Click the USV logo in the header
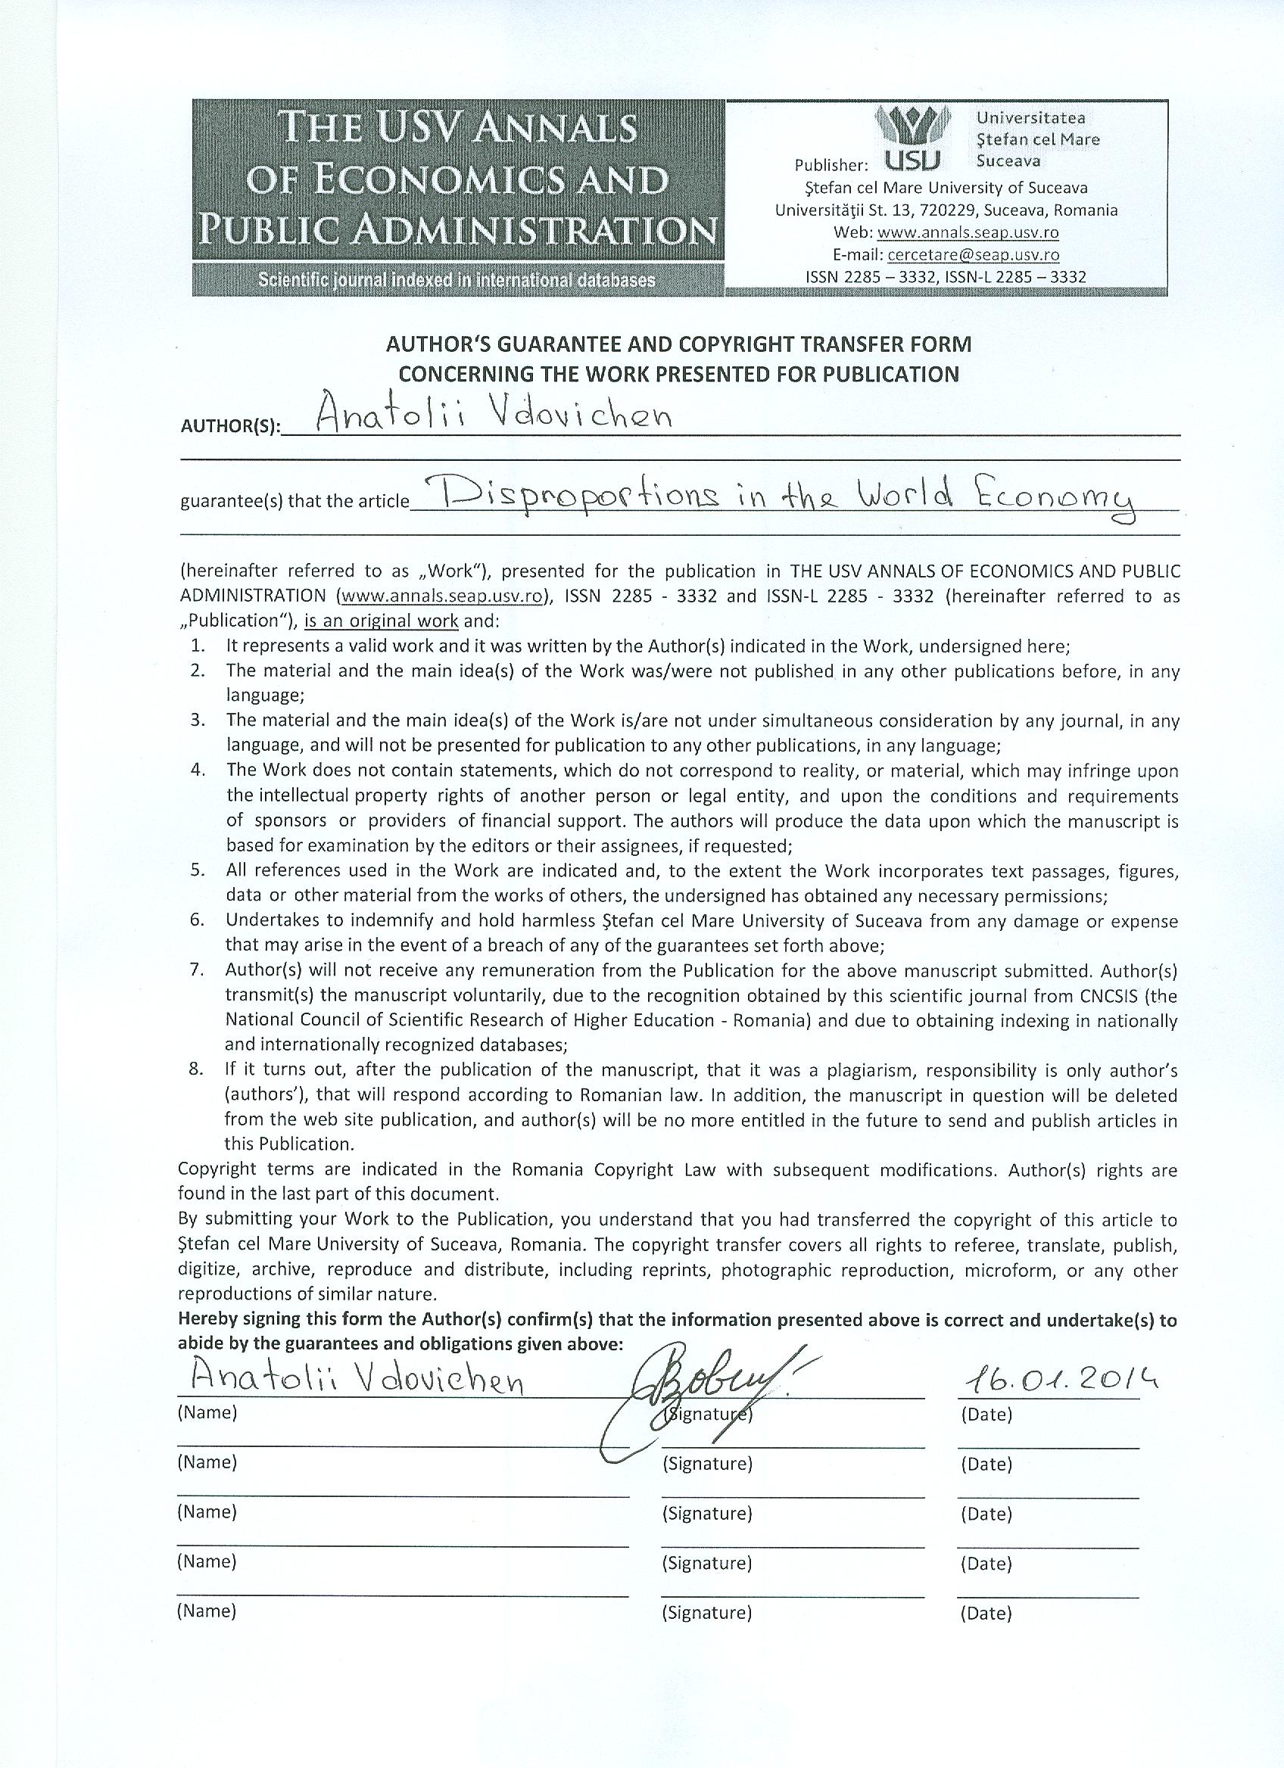[913, 139]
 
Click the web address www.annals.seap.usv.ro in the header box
[968, 232]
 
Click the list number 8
[195, 1069]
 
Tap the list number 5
[198, 870]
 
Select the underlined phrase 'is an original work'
[382, 621]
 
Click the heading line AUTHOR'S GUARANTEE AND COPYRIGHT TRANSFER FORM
[679, 344]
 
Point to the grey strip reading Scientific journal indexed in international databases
[457, 281]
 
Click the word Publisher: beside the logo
[831, 165]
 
